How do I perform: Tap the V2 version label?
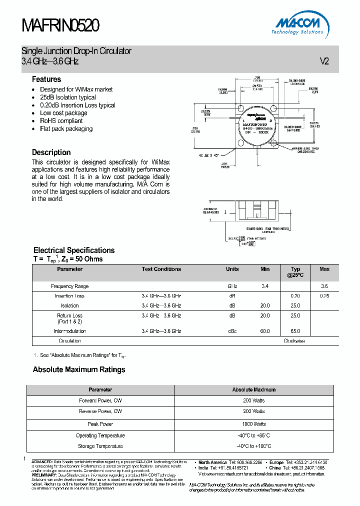point(324,61)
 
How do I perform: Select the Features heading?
point(46,79)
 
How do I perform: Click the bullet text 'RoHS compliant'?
point(61,121)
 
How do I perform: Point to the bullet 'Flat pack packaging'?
point(66,129)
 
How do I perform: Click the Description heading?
point(51,152)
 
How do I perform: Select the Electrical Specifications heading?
point(74,250)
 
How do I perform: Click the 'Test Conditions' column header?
point(161,269)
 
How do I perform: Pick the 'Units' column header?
point(232,269)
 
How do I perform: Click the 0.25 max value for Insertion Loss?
point(324,296)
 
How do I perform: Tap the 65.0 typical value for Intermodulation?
point(295,331)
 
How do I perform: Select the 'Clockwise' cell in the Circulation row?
point(294,341)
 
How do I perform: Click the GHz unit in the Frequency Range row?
point(232,286)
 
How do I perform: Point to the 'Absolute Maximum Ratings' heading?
point(79,370)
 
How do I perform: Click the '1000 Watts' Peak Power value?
point(254,424)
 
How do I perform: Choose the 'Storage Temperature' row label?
point(100,446)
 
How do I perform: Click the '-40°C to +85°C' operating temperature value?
point(254,435)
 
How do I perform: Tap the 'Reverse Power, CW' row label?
point(100,411)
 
